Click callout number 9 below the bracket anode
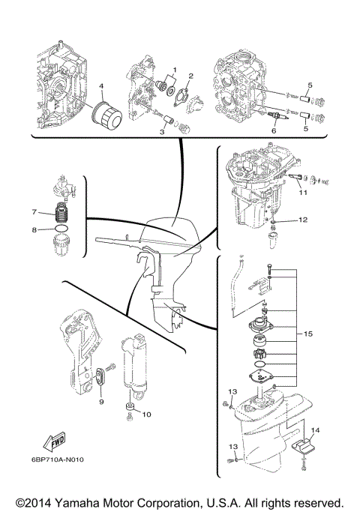(x=101, y=403)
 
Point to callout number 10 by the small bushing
(x=146, y=414)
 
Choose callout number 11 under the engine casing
(x=304, y=193)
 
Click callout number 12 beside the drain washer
(x=303, y=220)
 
